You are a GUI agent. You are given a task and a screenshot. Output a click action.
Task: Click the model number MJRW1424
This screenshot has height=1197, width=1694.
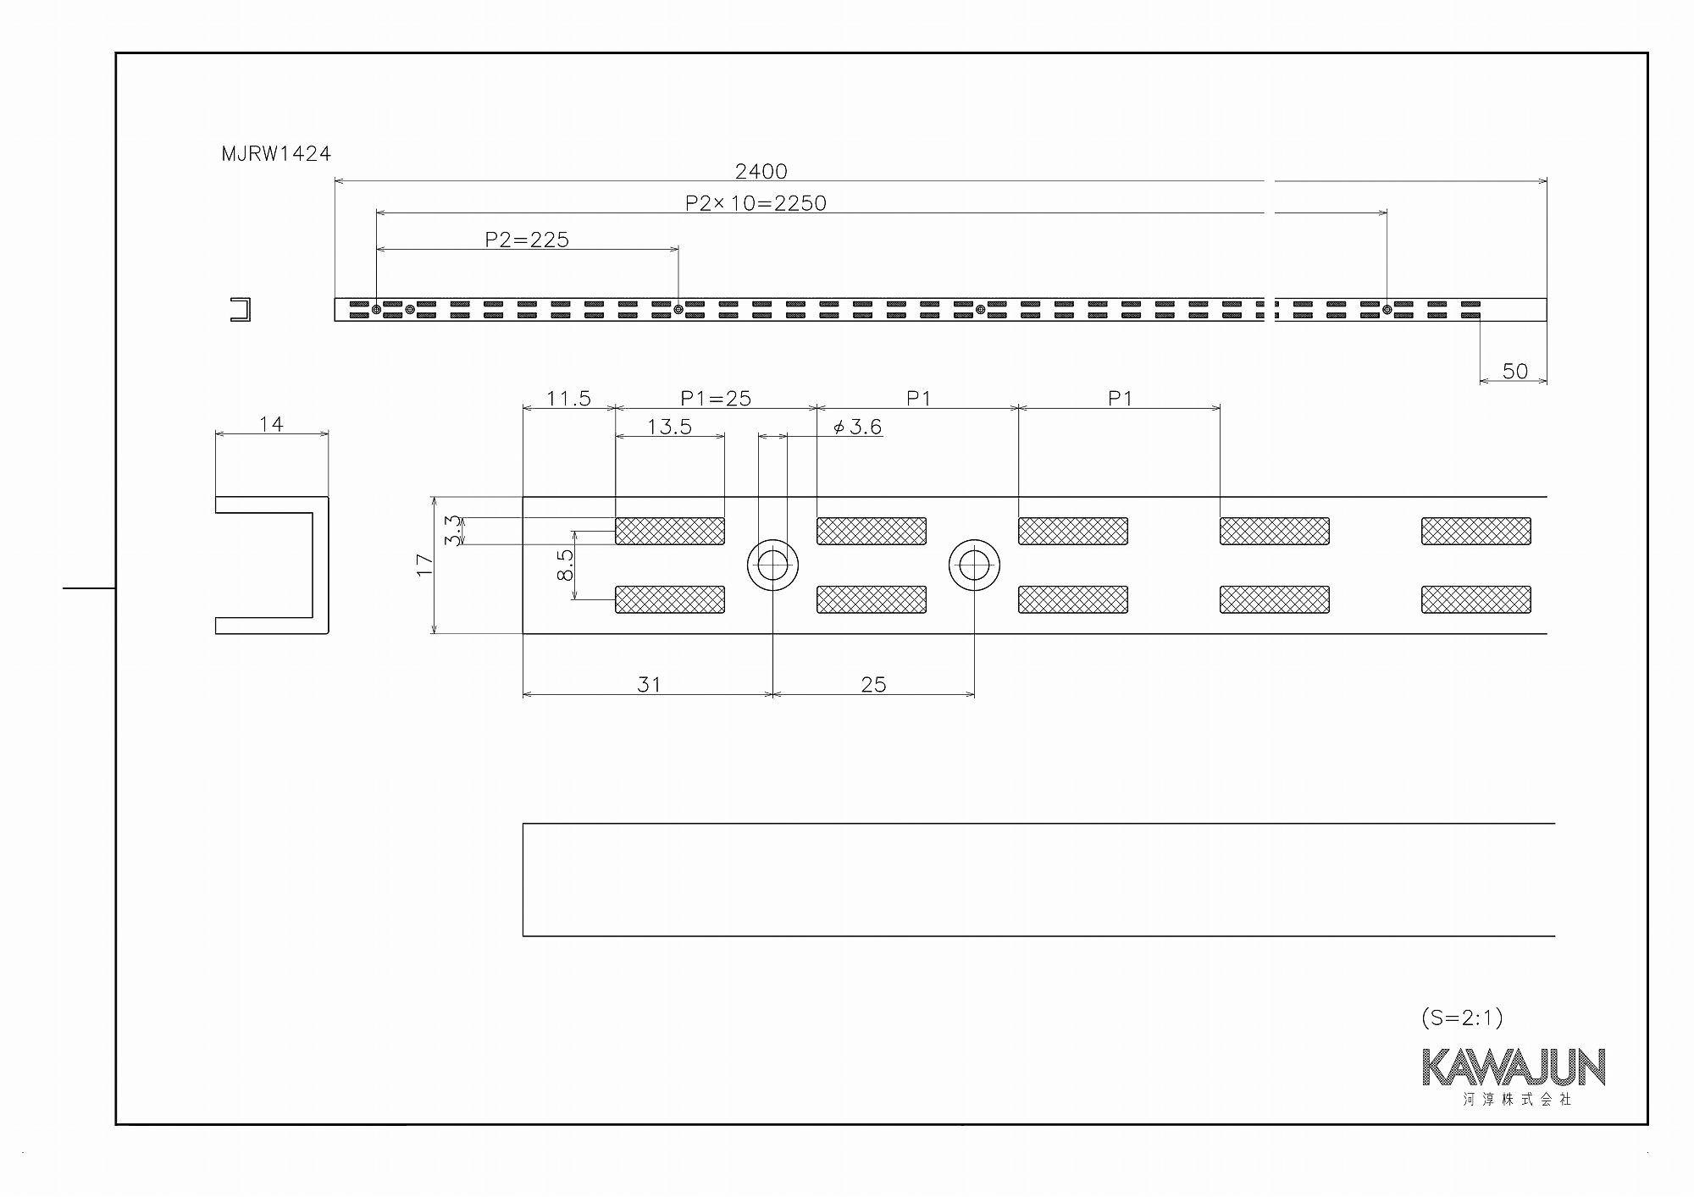click(x=276, y=154)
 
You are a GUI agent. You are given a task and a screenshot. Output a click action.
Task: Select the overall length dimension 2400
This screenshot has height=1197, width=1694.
click(x=761, y=172)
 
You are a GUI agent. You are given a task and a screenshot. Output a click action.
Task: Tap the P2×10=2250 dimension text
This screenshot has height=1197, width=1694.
click(x=756, y=203)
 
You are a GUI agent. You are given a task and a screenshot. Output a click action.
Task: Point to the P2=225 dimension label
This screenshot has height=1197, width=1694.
click(x=527, y=240)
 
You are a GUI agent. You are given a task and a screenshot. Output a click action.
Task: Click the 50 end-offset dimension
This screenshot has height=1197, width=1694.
click(x=1514, y=371)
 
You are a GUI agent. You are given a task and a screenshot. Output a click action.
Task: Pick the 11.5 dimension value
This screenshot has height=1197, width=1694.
click(x=568, y=398)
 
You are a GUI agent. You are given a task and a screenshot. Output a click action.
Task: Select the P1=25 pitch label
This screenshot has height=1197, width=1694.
click(x=716, y=398)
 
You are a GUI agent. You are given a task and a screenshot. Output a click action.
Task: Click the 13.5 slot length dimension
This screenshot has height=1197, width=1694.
click(x=669, y=427)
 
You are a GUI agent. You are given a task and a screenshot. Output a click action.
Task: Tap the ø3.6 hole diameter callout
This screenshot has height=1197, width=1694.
click(x=857, y=427)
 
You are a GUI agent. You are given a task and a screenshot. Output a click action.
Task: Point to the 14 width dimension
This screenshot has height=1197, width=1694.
click(x=271, y=424)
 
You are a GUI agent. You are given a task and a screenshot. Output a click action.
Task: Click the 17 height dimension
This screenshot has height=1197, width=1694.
click(x=424, y=565)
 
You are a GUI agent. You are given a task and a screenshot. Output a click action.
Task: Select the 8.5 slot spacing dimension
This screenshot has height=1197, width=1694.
click(x=565, y=565)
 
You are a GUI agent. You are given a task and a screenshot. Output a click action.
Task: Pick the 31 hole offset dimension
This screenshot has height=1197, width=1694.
click(x=649, y=684)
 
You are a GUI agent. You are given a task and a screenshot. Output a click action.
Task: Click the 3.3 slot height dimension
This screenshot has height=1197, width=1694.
click(x=453, y=531)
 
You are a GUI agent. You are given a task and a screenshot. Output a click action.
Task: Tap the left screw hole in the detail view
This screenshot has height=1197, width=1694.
click(x=772, y=565)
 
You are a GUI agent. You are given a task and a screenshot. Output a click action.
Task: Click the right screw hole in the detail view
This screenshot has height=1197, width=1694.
click(x=974, y=565)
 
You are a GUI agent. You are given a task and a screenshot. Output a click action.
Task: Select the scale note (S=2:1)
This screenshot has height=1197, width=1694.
click(x=1462, y=1018)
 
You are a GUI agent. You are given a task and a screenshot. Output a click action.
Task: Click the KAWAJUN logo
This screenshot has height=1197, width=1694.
click(x=1514, y=1067)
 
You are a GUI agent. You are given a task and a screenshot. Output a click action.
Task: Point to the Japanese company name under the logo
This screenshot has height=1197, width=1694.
click(x=1517, y=1100)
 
